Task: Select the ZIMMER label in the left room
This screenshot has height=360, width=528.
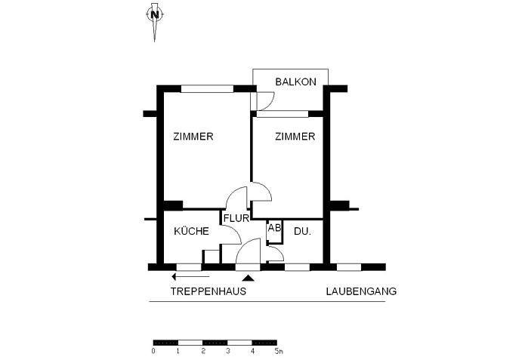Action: (193, 137)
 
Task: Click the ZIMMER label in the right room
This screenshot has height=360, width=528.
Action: (295, 137)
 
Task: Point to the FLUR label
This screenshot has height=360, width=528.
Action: (236, 219)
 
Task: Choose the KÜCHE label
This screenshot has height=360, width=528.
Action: (191, 231)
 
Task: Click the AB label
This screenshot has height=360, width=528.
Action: (274, 227)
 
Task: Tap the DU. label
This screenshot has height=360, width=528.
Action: (302, 231)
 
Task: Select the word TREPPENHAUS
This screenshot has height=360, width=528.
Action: (208, 291)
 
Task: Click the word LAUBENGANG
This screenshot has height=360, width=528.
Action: (361, 291)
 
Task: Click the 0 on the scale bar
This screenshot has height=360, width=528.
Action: (153, 351)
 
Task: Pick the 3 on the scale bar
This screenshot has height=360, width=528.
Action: (227, 351)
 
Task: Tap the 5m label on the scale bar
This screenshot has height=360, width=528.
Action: (278, 351)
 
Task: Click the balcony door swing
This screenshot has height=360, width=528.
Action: (265, 101)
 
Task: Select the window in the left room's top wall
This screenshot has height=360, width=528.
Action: (207, 88)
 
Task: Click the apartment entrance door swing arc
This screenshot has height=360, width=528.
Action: (249, 250)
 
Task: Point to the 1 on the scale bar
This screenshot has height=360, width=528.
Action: (178, 351)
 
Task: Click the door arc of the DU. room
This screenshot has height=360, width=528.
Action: (276, 254)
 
